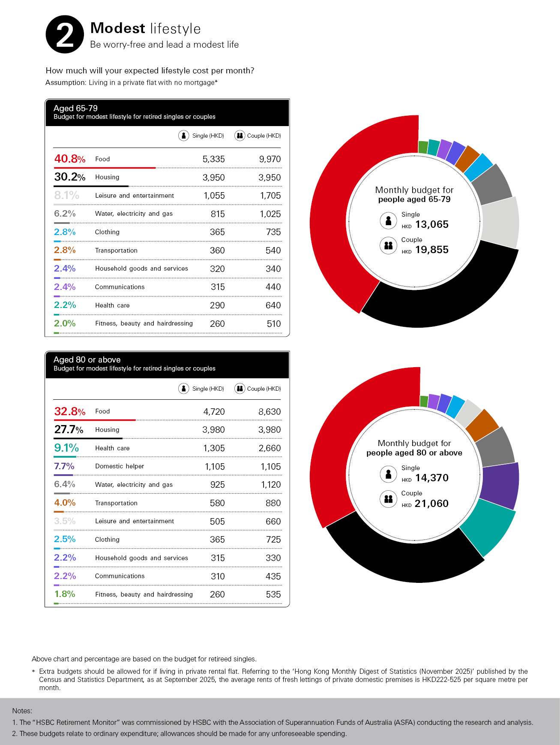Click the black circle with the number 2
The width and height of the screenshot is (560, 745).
coord(65,35)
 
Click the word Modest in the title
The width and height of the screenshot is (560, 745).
coord(118,28)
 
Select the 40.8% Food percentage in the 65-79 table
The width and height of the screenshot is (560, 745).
coord(69,159)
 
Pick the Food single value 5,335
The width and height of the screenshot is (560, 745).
coord(213,159)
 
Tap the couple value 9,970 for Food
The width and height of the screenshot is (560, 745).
coord(270,159)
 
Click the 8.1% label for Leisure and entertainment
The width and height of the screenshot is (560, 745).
coord(66,196)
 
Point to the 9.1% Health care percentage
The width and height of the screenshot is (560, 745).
coord(66,448)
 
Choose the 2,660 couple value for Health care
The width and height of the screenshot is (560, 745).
coord(270,448)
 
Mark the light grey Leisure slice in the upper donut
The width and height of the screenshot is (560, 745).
coord(500,222)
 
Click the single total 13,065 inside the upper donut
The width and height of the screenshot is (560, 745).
coord(431,224)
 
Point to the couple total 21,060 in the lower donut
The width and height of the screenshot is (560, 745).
coord(431,504)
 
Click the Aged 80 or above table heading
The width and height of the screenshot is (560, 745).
coord(87,360)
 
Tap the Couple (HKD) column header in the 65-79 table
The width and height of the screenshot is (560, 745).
coord(264,136)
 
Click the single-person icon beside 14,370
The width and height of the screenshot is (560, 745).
coord(388,474)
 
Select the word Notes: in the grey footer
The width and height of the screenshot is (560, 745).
coord(22,711)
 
